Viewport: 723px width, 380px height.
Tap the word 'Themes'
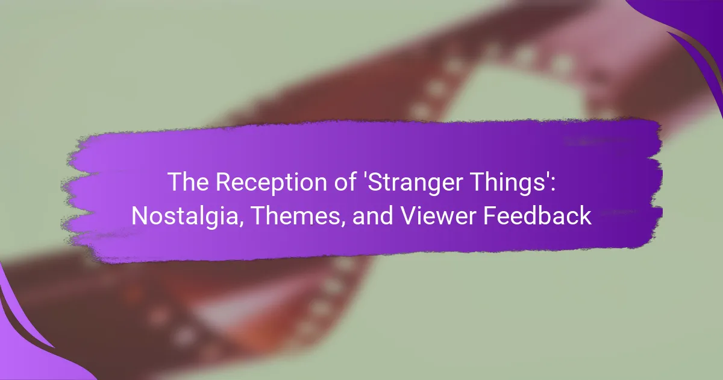pyautogui.click(x=295, y=216)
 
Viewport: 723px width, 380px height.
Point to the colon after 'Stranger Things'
pyautogui.click(x=553, y=185)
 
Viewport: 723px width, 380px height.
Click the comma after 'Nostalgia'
pyautogui.click(x=241, y=224)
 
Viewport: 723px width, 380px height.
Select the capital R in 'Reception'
pyautogui.click(x=223, y=182)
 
